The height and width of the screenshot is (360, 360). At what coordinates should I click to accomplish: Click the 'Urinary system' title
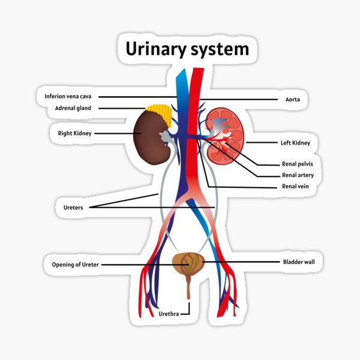click(187, 49)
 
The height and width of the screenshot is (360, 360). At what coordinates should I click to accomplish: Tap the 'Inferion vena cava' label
click(68, 96)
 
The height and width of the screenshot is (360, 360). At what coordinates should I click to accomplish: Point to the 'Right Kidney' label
click(74, 133)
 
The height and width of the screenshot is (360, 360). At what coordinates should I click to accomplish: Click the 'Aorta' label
click(292, 99)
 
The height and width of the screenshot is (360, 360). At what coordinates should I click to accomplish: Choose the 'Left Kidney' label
click(295, 143)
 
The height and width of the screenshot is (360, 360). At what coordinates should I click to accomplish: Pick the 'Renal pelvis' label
click(298, 163)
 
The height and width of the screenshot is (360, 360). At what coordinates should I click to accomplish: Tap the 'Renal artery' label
click(298, 175)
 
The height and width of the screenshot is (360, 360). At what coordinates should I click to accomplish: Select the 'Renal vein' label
click(296, 187)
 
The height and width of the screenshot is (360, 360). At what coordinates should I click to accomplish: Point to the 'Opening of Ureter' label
click(71, 264)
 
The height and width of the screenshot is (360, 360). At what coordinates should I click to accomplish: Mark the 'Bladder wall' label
click(298, 262)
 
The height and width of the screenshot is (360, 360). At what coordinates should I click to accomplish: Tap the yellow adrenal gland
click(160, 113)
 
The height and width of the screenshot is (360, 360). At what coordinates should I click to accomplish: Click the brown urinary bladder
click(187, 263)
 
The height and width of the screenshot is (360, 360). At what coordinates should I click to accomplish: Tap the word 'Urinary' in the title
click(152, 49)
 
